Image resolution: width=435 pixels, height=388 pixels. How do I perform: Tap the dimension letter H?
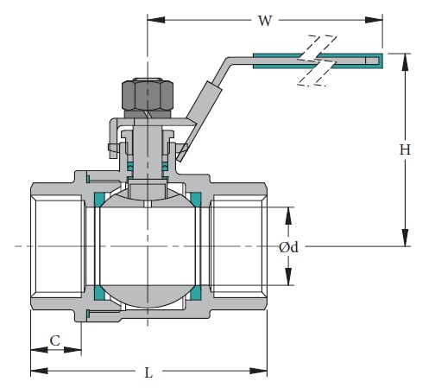[x=403, y=149]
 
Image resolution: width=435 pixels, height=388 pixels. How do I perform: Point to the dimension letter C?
[x=55, y=340]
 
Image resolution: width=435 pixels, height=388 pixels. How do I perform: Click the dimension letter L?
[x=148, y=372]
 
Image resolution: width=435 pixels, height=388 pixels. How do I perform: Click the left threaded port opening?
[x=57, y=247]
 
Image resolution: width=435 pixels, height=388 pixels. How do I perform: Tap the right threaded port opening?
[x=238, y=247]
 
